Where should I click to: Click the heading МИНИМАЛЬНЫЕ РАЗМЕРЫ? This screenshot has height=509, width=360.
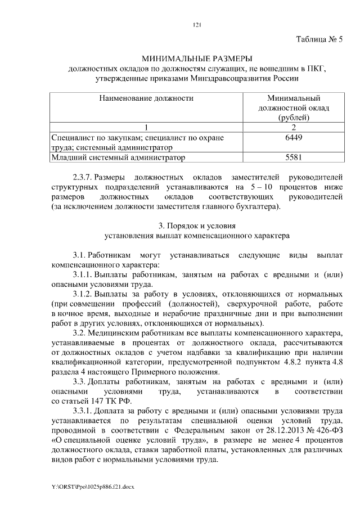197,58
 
